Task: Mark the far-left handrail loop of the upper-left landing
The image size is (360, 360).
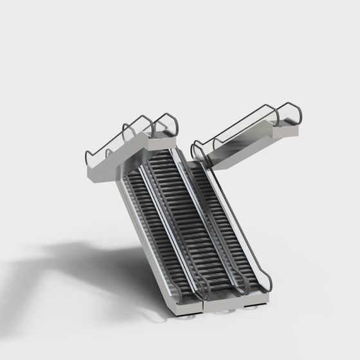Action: point(89,156)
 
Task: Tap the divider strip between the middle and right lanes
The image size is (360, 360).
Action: point(203,225)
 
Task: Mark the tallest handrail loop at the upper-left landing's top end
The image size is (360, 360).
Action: point(168,119)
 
